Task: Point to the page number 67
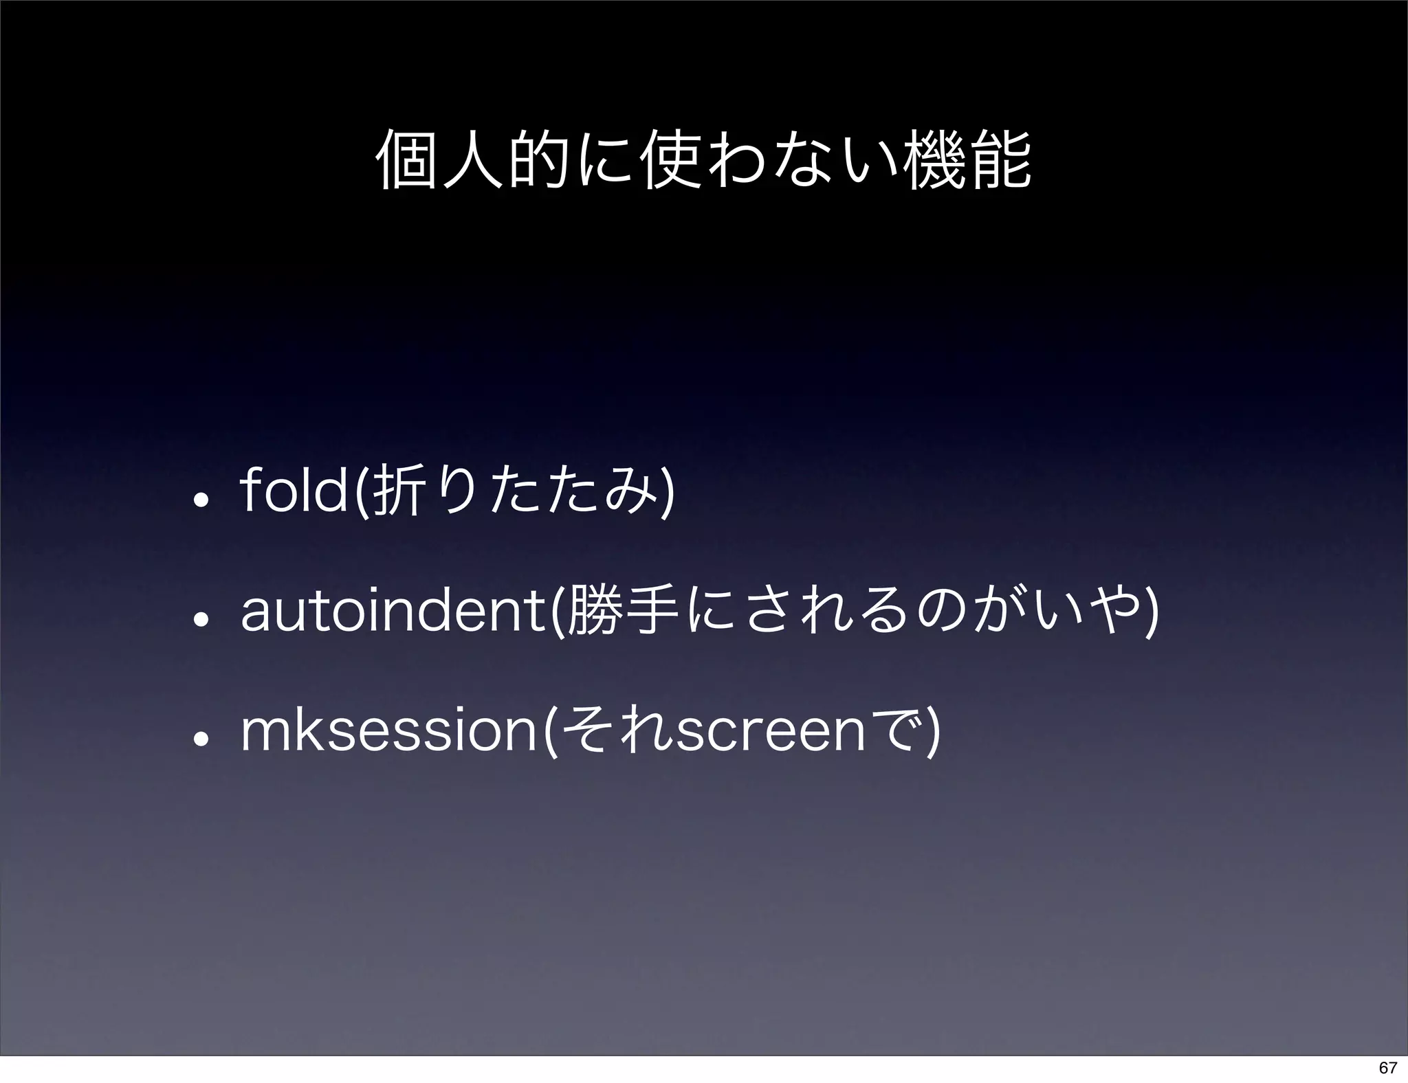pos(1387,1067)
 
